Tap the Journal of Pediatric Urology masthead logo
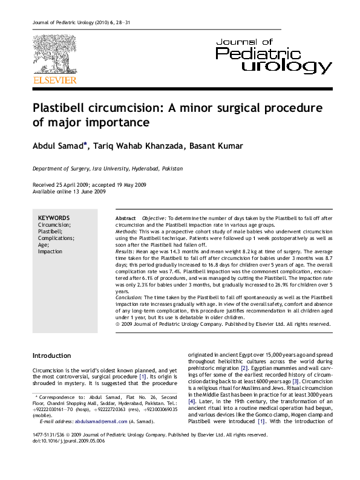tap(273, 54)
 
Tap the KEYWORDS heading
tap(54, 218)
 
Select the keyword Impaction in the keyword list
tap(50, 251)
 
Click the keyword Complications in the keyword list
tap(56, 238)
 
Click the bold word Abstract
tap(125, 218)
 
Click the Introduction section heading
tap(51, 355)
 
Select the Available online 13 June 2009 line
tap(69, 191)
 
